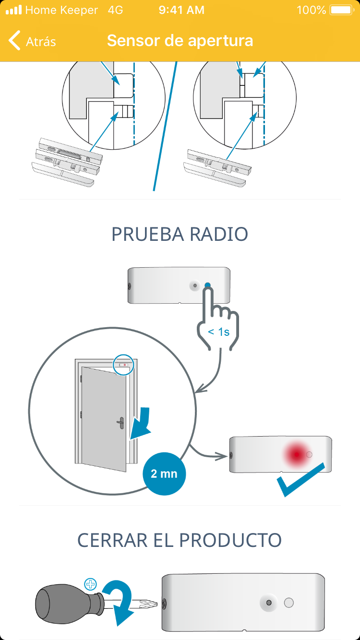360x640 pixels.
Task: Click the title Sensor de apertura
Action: pyautogui.click(x=180, y=41)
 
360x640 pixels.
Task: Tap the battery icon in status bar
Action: pyautogui.click(x=341, y=10)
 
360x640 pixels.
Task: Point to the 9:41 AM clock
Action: pyautogui.click(x=181, y=10)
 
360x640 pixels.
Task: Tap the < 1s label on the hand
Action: pyautogui.click(x=218, y=332)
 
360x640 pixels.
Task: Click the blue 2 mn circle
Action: pyautogui.click(x=164, y=474)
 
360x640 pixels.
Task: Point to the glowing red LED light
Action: pyautogui.click(x=297, y=454)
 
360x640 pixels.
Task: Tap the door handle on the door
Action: pyautogui.click(x=120, y=423)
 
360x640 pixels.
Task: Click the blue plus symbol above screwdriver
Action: pyautogui.click(x=90, y=584)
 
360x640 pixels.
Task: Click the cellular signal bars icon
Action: pyautogui.click(x=13, y=10)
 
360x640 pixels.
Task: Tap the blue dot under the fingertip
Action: pyautogui.click(x=208, y=285)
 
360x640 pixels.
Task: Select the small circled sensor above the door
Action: pyautogui.click(x=124, y=365)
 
